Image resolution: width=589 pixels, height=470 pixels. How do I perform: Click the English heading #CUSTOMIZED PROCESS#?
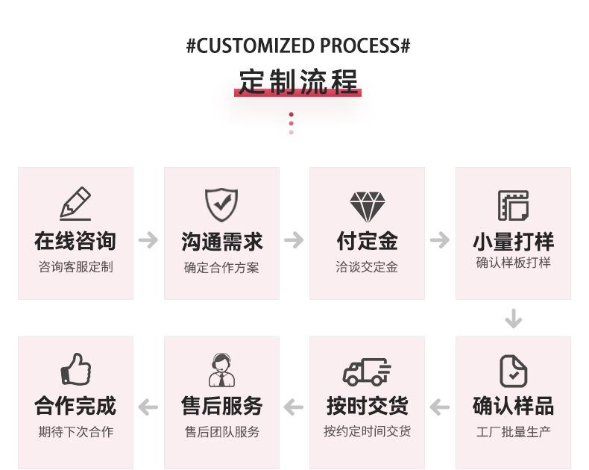coord(298,46)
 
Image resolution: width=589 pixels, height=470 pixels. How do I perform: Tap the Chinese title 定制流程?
coord(298,81)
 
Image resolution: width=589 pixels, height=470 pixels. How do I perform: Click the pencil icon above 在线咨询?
coord(75,203)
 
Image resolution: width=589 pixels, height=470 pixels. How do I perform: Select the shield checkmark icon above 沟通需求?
coord(221,205)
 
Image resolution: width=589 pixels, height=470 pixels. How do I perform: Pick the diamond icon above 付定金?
coord(368,207)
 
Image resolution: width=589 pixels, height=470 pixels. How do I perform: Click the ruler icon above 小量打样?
coord(513,205)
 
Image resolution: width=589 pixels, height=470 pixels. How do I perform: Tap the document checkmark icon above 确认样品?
coord(513,371)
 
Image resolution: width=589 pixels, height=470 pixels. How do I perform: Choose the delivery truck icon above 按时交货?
coord(367,371)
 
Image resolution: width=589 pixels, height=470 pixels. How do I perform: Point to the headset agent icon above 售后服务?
coord(221,370)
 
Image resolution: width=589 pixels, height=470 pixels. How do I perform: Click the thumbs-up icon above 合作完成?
coord(75,369)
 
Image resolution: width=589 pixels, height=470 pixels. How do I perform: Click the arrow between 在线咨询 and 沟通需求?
coord(148,240)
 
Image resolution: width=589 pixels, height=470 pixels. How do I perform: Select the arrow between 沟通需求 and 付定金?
coord(294,240)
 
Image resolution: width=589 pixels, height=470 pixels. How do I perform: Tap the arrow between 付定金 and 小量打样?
coord(440,240)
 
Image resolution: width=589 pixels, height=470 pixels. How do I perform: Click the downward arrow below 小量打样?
coord(513,319)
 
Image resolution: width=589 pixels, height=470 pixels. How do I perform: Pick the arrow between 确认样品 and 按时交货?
coord(440,407)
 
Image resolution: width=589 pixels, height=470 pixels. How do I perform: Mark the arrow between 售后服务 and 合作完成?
coord(148,407)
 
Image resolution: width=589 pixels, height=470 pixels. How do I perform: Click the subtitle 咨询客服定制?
coord(75,266)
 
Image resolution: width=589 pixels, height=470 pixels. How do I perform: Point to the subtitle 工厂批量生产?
coord(513,432)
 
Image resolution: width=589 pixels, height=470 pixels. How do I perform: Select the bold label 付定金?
coord(367,241)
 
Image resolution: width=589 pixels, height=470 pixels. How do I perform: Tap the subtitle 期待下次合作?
coord(75,432)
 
